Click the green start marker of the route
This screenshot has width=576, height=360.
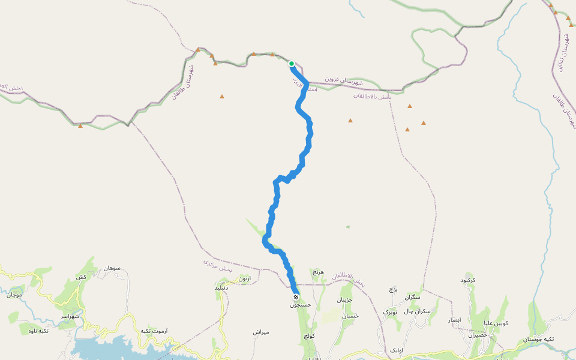(x=292, y=64)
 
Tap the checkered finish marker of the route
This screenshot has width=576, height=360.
(x=296, y=298)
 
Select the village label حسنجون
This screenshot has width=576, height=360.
(x=301, y=305)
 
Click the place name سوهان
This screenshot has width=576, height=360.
(x=112, y=268)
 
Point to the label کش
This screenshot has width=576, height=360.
(x=80, y=277)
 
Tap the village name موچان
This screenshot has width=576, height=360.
(x=14, y=295)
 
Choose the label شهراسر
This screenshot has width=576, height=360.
(x=72, y=316)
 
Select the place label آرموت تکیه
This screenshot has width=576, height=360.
(x=154, y=331)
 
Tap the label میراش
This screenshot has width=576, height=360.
(x=261, y=332)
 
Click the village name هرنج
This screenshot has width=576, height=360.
(x=318, y=272)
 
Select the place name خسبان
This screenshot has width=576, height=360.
(x=350, y=316)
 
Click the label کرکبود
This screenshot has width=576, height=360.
(x=468, y=280)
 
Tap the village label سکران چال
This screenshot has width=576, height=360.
(x=417, y=311)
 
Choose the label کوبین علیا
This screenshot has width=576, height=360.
(x=496, y=323)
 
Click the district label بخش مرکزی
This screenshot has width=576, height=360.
(x=217, y=266)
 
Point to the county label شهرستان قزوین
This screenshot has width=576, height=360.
(x=344, y=80)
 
